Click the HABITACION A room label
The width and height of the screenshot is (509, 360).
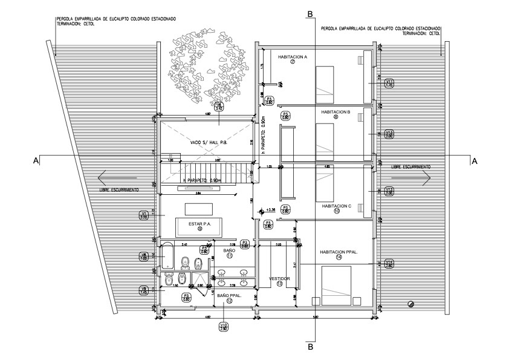click(293, 57)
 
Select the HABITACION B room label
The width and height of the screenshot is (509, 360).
click(336, 111)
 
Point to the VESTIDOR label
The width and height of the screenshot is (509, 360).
click(279, 278)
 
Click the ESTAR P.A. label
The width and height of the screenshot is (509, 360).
click(199, 224)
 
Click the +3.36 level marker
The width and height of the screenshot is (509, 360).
click(266, 211)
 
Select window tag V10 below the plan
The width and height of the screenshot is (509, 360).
click(224, 327)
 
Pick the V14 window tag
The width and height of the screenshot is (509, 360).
click(389, 263)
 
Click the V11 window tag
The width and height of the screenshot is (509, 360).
click(389, 83)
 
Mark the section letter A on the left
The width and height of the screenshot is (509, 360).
click(36, 160)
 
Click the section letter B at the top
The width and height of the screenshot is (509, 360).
click(310, 13)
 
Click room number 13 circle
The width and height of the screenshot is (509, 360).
click(279, 284)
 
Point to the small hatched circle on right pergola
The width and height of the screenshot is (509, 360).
click(412, 304)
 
